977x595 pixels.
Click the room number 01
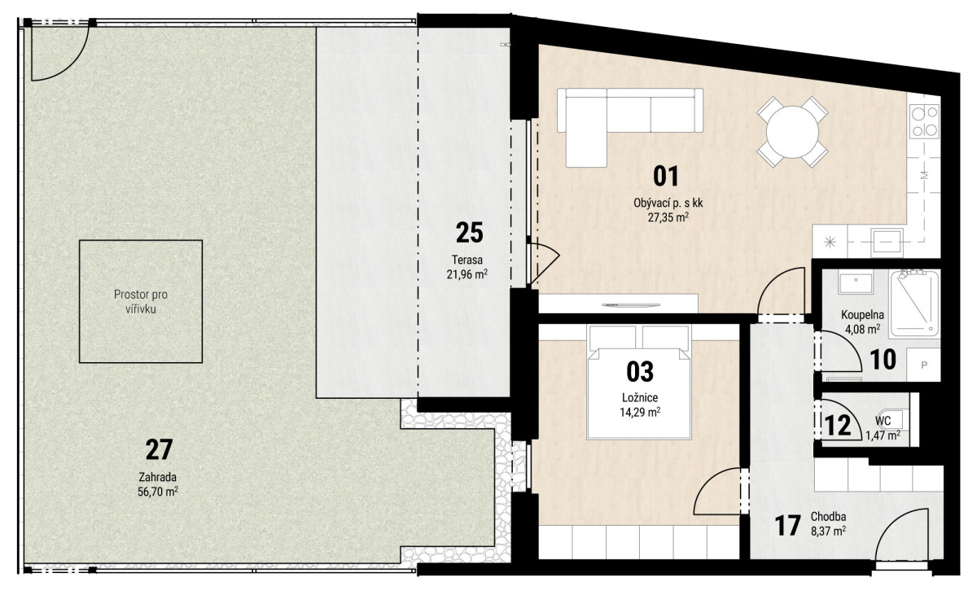point(666,177)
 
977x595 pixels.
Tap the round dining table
point(792,132)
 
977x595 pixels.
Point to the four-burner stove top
point(924,121)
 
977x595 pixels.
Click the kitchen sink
point(887,243)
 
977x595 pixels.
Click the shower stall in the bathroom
point(914,304)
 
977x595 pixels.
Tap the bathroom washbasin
point(856,282)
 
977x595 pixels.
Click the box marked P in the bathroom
point(923,365)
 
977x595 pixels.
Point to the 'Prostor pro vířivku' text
point(140,302)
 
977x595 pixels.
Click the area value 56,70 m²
point(157,492)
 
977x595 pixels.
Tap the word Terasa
point(467,260)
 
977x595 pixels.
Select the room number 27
point(159,450)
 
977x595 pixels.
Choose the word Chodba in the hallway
point(828,517)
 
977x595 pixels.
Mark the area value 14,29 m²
point(640,412)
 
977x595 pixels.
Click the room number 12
point(838,426)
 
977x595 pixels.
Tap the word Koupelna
point(862,315)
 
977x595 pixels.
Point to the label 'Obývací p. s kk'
point(668,203)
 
